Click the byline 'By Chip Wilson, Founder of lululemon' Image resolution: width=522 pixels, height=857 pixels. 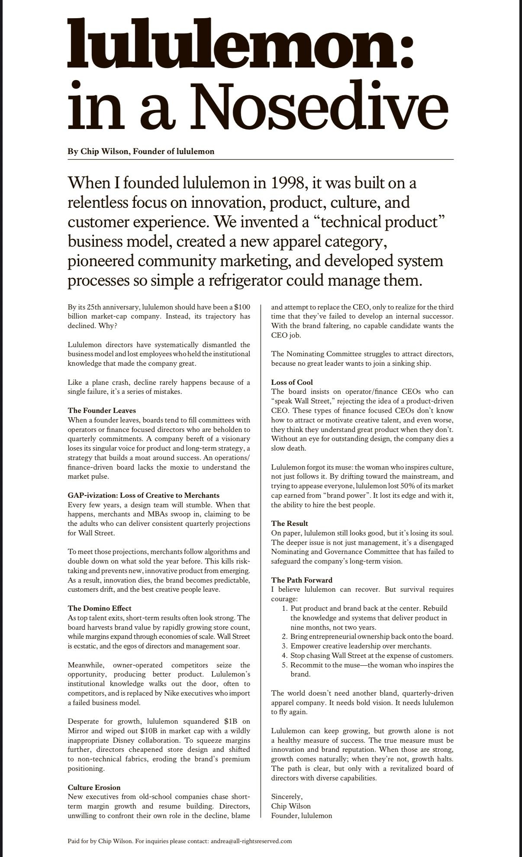click(141, 151)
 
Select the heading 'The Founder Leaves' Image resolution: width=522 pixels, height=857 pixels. click(102, 410)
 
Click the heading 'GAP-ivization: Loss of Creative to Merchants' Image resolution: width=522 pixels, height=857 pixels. click(143, 495)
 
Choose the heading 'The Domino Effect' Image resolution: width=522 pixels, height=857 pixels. click(100, 608)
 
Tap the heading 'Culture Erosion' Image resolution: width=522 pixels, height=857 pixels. click(94, 787)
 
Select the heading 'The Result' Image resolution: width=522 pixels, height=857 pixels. click(290, 523)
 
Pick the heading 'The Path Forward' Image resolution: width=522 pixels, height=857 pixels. click(302, 580)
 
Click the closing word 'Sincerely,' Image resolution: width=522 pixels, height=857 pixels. click(287, 796)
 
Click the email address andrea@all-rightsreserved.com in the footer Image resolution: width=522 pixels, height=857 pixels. click(251, 841)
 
